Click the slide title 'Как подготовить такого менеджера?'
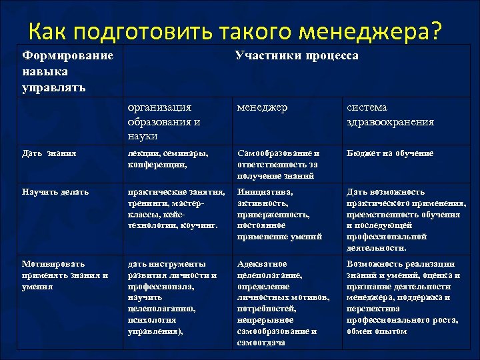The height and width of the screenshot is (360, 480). coord(235,30)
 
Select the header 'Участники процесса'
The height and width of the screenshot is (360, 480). coord(297,55)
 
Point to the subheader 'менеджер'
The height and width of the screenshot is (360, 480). coord(263,107)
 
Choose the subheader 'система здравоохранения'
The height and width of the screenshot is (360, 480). coord(390,115)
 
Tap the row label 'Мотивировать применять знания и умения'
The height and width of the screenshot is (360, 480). coord(64,275)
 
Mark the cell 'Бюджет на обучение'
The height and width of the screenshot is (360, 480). coord(389,153)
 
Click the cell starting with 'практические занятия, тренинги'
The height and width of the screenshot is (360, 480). coord(174,209)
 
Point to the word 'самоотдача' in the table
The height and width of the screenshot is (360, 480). coord(261,342)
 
